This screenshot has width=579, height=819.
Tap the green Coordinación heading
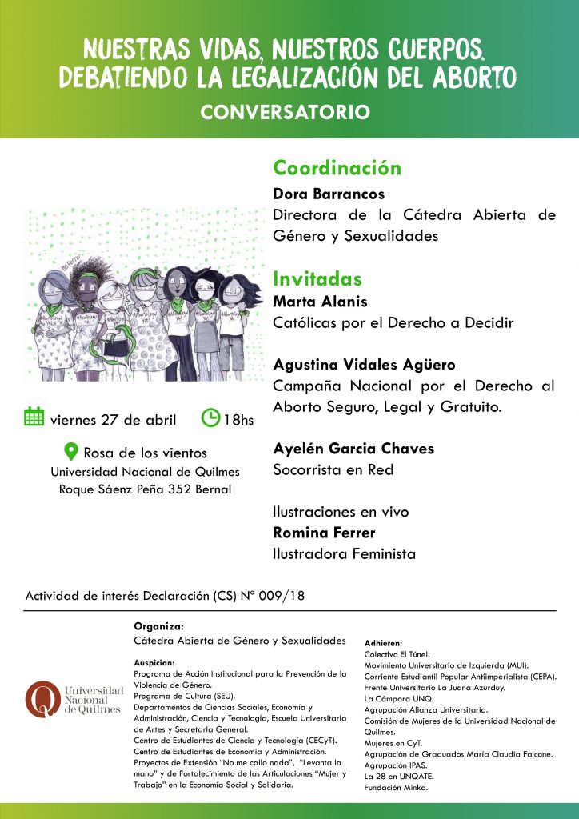(x=337, y=168)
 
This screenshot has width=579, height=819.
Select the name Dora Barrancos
(x=329, y=194)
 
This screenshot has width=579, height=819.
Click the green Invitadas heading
(x=317, y=279)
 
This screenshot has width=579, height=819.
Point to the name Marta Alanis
(x=320, y=302)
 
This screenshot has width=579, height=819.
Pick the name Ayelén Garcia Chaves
(x=353, y=449)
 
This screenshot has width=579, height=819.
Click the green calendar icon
(x=34, y=417)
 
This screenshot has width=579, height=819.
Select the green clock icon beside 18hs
(x=210, y=417)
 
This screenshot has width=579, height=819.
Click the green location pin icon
(x=70, y=451)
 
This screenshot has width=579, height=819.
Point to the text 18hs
(x=238, y=419)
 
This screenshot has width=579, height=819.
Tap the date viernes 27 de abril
(x=113, y=420)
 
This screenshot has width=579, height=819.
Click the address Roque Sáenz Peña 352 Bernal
(x=145, y=489)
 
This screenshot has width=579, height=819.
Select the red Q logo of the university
(x=42, y=698)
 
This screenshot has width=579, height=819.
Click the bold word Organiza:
(x=158, y=626)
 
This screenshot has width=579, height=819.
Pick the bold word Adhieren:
(x=383, y=642)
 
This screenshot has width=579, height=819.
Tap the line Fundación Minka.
(x=396, y=788)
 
